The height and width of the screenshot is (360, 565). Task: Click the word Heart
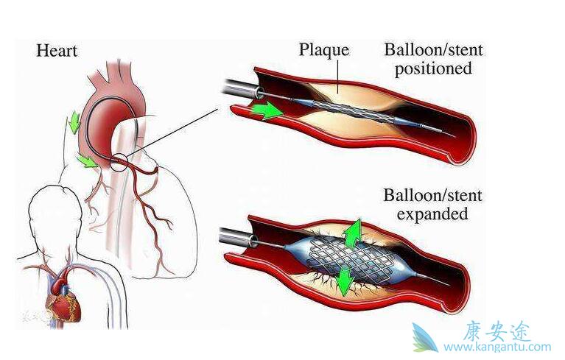point(57,51)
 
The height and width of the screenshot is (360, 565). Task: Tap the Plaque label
point(323,50)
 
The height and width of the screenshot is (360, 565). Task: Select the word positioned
point(432,70)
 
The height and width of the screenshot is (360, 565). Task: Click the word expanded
point(432,214)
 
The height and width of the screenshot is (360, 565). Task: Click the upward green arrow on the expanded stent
point(354,231)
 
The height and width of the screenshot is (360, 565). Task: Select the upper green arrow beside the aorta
point(74,122)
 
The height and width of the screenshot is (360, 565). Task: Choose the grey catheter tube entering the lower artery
point(236,236)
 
